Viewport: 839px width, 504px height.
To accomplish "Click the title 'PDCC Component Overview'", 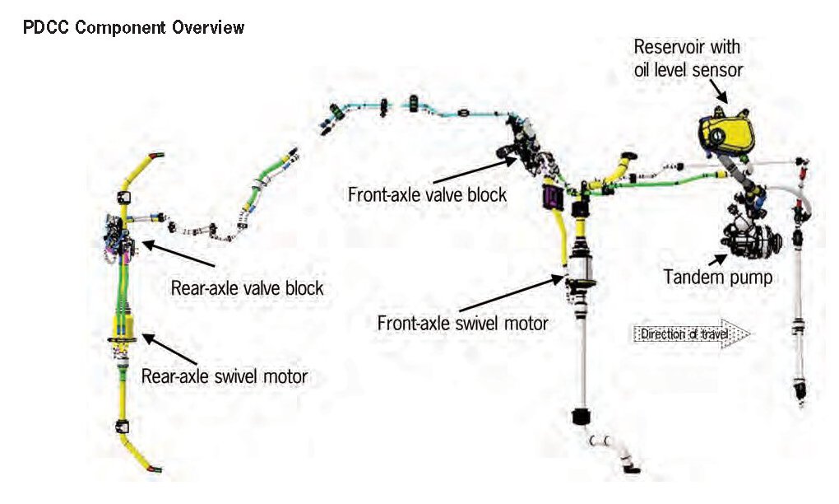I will (135, 28).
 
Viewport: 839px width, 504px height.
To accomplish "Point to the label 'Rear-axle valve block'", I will (247, 288).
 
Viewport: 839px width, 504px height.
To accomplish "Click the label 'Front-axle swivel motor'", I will (462, 323).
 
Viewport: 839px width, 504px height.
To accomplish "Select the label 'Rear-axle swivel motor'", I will (225, 377).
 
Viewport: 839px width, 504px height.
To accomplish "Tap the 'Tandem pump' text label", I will (718, 278).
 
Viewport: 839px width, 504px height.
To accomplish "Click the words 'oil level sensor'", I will (688, 70).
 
